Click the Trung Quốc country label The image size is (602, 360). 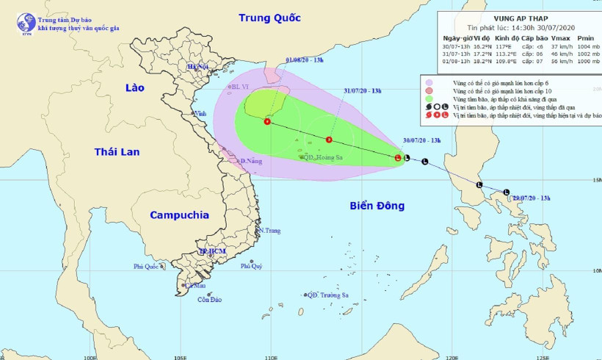(x=270, y=17)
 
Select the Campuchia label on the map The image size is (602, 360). (x=179, y=215)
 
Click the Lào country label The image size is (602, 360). (x=135, y=88)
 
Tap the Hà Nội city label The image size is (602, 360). (x=198, y=67)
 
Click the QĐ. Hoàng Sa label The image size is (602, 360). (x=322, y=157)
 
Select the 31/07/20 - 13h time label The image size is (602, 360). (x=362, y=90)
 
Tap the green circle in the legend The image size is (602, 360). (x=429, y=98)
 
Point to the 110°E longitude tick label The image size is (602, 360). (x=271, y=356)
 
